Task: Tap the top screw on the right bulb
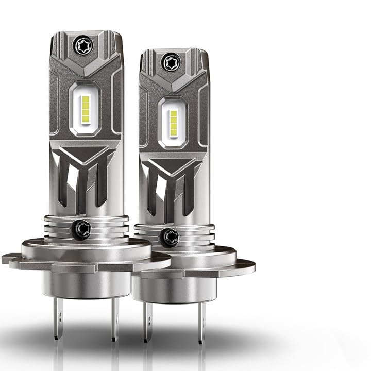click(172, 62)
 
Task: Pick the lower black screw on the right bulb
click(168, 237)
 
